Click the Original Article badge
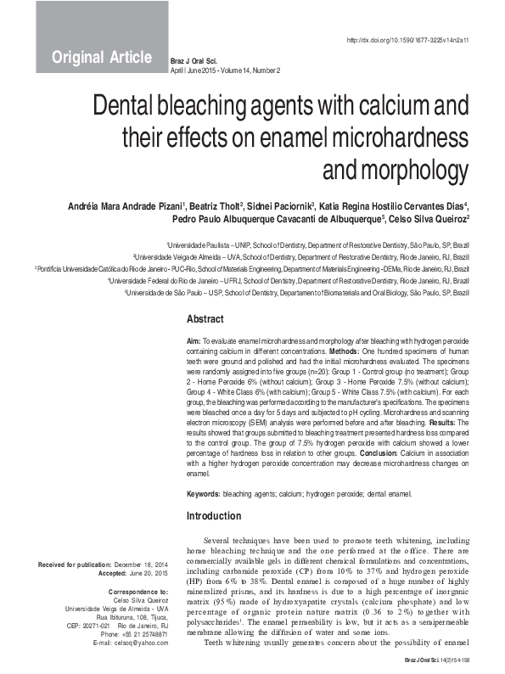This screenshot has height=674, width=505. (102, 58)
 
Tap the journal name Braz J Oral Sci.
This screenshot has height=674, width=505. (195, 62)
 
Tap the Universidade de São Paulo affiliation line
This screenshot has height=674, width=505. (297, 292)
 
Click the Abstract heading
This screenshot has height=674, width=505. (205, 320)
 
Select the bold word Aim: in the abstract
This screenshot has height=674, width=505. (194, 340)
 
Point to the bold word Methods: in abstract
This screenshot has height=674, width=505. (342, 349)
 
